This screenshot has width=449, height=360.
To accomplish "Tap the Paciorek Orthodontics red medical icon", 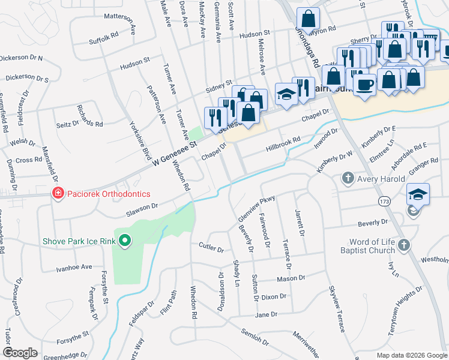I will point(58,194).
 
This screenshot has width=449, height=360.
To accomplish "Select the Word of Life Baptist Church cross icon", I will point(403,245).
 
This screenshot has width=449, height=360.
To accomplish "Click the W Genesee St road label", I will point(175,153).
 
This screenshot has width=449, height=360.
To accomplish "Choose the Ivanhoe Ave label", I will point(74,267).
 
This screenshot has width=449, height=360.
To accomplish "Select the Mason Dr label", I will point(291,278).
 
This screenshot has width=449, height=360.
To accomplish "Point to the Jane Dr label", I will point(266,314).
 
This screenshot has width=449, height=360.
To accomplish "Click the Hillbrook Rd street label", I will point(283,142).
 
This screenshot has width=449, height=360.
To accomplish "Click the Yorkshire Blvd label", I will point(140,138).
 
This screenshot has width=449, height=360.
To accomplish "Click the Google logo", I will point(20,353).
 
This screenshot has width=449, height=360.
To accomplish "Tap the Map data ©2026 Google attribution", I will point(411,355).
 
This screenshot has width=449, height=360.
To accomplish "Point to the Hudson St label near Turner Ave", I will point(134,63).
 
